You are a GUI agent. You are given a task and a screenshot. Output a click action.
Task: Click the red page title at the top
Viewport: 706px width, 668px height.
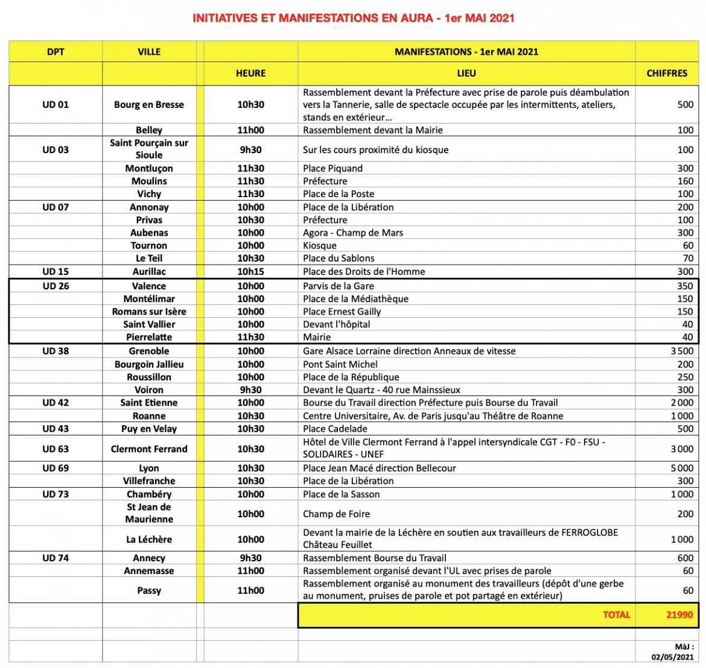pos(353,18)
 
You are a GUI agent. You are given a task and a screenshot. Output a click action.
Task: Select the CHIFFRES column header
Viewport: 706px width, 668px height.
pos(666,73)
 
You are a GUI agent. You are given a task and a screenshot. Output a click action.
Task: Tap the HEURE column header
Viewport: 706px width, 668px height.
pos(250,73)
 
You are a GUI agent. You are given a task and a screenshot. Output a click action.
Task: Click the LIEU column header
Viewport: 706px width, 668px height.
pos(466,73)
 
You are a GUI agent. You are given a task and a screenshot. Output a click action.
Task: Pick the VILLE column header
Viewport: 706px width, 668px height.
pos(149,52)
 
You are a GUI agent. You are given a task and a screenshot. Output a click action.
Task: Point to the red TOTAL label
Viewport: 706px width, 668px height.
pos(616,615)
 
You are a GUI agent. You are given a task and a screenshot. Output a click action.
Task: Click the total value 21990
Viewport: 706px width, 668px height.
pos(679,615)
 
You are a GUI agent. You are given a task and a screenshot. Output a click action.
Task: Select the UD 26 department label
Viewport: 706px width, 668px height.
pos(56,286)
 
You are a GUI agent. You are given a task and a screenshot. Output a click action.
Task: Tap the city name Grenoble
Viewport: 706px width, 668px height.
pos(149,351)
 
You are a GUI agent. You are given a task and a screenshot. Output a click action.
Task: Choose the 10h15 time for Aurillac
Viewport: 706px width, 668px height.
pos(250,271)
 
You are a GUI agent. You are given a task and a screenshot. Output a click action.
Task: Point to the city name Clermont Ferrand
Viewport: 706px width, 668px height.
pos(149,449)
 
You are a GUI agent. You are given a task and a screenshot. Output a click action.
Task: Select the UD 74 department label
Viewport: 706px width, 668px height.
pos(56,558)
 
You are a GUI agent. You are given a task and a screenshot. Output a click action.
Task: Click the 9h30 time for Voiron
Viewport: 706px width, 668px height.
pos(250,389)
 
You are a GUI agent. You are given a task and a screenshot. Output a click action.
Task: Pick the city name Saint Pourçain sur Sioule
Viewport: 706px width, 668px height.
pos(149,149)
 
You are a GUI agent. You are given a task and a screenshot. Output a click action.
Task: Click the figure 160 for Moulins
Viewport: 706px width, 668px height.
pos(685,181)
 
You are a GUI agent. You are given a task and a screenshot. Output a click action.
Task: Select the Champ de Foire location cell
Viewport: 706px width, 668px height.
pos(336,514)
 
